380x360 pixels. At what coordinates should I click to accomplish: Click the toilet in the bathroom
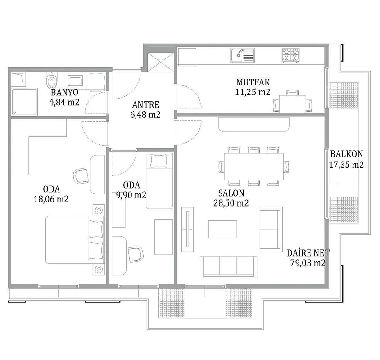coord(52,80)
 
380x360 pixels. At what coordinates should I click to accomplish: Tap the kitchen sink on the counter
coord(242,55)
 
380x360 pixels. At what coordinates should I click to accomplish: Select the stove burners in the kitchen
coord(290,55)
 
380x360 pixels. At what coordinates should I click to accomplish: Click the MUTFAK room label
coord(253,82)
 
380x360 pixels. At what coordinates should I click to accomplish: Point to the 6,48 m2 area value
coord(145,115)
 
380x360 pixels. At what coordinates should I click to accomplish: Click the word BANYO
coord(65,92)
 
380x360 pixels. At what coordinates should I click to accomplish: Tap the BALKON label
coord(347,154)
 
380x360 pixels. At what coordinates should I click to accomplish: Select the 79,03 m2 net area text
coord(308,263)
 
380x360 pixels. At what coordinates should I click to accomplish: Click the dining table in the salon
coord(254,166)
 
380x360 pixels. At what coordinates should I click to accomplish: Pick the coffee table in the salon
coord(223,229)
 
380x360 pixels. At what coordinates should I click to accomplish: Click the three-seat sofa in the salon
coord(228,267)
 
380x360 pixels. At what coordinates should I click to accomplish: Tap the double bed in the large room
coord(75,239)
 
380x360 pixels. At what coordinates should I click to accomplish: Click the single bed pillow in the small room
coord(159,161)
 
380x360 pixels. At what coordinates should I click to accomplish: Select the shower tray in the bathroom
coord(24,102)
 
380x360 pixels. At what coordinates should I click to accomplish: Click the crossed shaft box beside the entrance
coord(161,62)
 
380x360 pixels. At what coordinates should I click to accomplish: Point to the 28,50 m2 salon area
coord(231,203)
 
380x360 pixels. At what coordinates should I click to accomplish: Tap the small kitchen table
coord(293,103)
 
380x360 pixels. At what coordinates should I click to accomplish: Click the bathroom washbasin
coord(75,81)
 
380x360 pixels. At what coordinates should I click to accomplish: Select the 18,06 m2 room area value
coord(51,199)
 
